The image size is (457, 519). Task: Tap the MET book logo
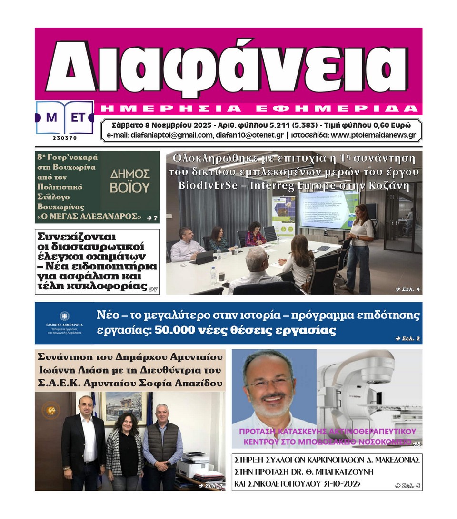[64, 117]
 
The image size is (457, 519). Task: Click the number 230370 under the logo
[64, 138]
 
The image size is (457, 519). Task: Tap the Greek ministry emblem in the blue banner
[64, 316]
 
